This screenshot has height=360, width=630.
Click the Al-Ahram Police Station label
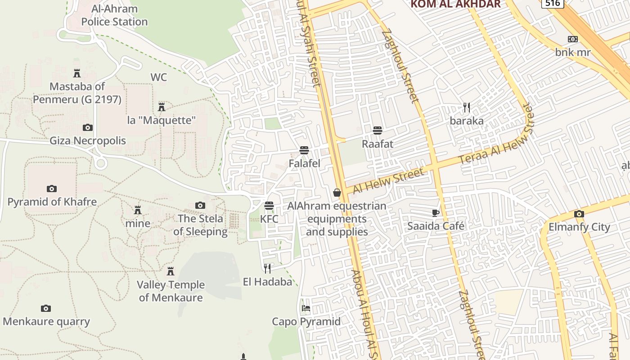click(114, 15)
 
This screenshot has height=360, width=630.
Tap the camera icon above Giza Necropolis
click(88, 128)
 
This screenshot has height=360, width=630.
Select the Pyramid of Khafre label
click(52, 202)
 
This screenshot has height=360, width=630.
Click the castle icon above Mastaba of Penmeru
click(77, 73)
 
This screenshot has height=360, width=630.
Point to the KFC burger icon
click(269, 206)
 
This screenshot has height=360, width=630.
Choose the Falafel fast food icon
click(304, 150)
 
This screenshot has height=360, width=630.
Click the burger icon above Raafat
click(378, 130)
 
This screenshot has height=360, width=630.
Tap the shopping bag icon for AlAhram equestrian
click(337, 193)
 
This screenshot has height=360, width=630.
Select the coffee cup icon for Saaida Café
click(435, 213)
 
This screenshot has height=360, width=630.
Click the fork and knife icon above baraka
click(467, 108)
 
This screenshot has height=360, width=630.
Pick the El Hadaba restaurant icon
click(267, 269)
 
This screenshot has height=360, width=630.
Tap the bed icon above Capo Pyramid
click(306, 308)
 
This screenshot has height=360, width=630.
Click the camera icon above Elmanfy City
click(579, 214)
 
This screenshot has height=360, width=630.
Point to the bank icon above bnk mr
click(573, 39)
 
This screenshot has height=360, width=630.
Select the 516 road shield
click(552, 3)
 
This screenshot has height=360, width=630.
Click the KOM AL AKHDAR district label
click(455, 4)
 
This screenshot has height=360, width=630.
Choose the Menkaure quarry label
click(46, 322)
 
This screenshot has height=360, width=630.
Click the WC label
click(158, 77)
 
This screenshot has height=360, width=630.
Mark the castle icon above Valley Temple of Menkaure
click(171, 271)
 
